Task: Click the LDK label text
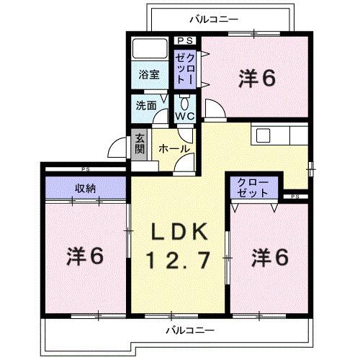click(179, 232)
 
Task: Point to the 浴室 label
click(149, 73)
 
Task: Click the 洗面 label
click(146, 104)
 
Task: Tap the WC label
click(184, 114)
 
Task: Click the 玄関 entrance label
click(139, 144)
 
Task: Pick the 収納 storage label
click(86, 189)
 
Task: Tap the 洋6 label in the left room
click(87, 255)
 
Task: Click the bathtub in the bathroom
click(149, 50)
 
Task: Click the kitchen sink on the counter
click(261, 135)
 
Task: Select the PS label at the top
click(184, 41)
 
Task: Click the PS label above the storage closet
click(86, 170)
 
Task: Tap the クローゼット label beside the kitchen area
click(253, 188)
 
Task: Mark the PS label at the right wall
click(295, 196)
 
